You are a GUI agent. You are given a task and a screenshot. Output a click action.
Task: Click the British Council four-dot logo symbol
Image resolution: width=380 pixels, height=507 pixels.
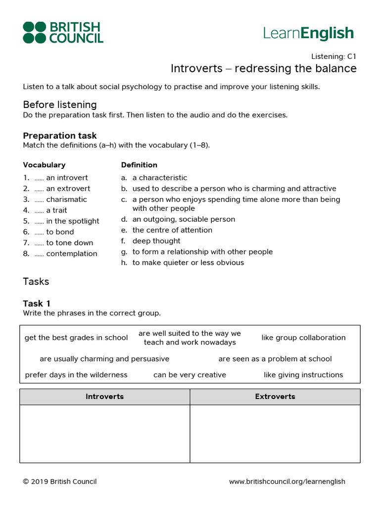coord(34,33)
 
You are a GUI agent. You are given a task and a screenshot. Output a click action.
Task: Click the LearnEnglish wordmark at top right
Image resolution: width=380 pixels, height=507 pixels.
coord(308,33)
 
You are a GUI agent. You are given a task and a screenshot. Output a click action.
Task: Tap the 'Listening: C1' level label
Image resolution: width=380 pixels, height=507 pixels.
coord(333,56)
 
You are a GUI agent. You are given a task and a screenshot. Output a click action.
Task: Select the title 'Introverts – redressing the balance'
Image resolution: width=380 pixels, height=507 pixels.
coord(263,68)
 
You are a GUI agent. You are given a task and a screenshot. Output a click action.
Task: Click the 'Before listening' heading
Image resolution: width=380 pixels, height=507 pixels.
coord(60,104)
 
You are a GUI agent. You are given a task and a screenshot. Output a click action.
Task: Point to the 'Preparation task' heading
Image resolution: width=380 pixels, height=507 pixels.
coord(60,136)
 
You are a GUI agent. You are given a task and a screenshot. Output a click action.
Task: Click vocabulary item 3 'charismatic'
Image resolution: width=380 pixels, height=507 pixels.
coord(66,200)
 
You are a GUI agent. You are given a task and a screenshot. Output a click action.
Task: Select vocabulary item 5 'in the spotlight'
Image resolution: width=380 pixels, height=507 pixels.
coord(72,221)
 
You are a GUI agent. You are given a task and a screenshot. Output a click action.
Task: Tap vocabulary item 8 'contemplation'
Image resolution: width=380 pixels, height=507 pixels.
coord(71,254)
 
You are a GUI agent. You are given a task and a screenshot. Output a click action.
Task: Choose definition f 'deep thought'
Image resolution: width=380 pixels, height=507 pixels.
coord(156,241)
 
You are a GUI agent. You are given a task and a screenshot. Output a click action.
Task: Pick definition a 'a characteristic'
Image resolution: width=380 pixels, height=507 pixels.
coord(159,178)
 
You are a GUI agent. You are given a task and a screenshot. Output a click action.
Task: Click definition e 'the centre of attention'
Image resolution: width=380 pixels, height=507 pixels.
coord(172,230)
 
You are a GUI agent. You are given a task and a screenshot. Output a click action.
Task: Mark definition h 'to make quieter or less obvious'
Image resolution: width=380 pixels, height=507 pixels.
coord(188,263)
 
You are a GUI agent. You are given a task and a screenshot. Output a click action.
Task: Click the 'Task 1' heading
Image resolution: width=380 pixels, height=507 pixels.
coord(37,304)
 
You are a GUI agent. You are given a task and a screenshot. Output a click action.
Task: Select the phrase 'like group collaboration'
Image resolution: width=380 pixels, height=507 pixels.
coord(303,338)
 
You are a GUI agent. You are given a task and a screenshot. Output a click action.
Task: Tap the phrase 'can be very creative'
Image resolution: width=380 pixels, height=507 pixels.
coord(190,375)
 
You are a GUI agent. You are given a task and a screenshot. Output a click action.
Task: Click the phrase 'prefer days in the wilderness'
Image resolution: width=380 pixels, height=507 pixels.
coord(76,375)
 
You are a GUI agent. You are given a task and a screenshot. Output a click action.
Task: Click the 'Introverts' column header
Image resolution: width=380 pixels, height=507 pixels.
coord(104,397)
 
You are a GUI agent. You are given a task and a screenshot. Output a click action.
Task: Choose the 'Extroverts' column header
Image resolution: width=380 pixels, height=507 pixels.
coord(275,397)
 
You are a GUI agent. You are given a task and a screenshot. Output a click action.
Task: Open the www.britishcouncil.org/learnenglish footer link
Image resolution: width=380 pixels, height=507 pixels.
coord(287,482)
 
